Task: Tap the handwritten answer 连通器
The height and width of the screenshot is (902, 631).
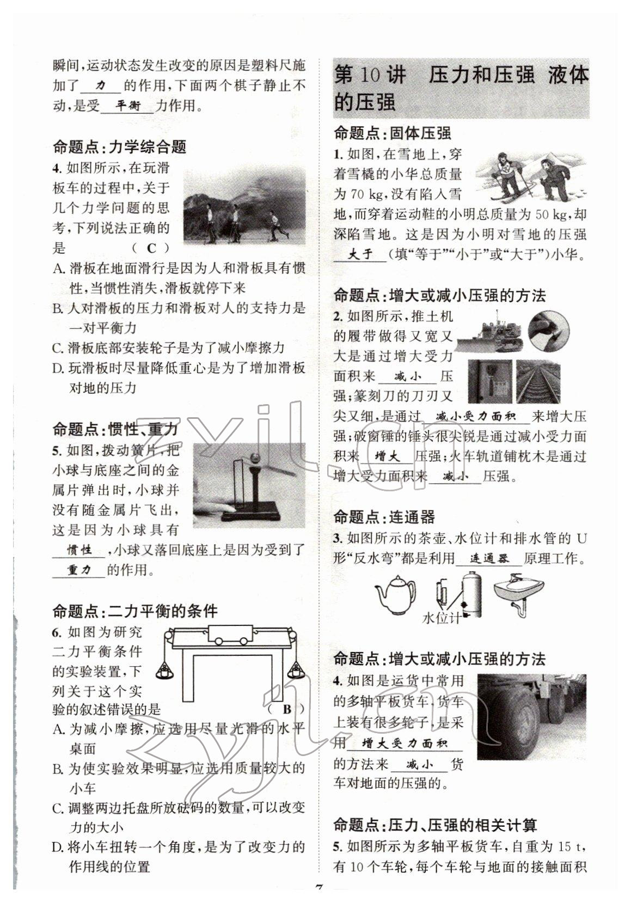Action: pos(488,559)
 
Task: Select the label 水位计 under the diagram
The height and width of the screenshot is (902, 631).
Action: pos(442,618)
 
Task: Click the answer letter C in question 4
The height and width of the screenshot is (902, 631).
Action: pos(152,248)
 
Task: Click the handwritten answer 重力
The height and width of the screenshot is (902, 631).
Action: pos(79,570)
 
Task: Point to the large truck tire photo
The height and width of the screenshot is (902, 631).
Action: pos(531,716)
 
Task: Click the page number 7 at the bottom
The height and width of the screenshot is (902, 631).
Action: pos(320,889)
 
